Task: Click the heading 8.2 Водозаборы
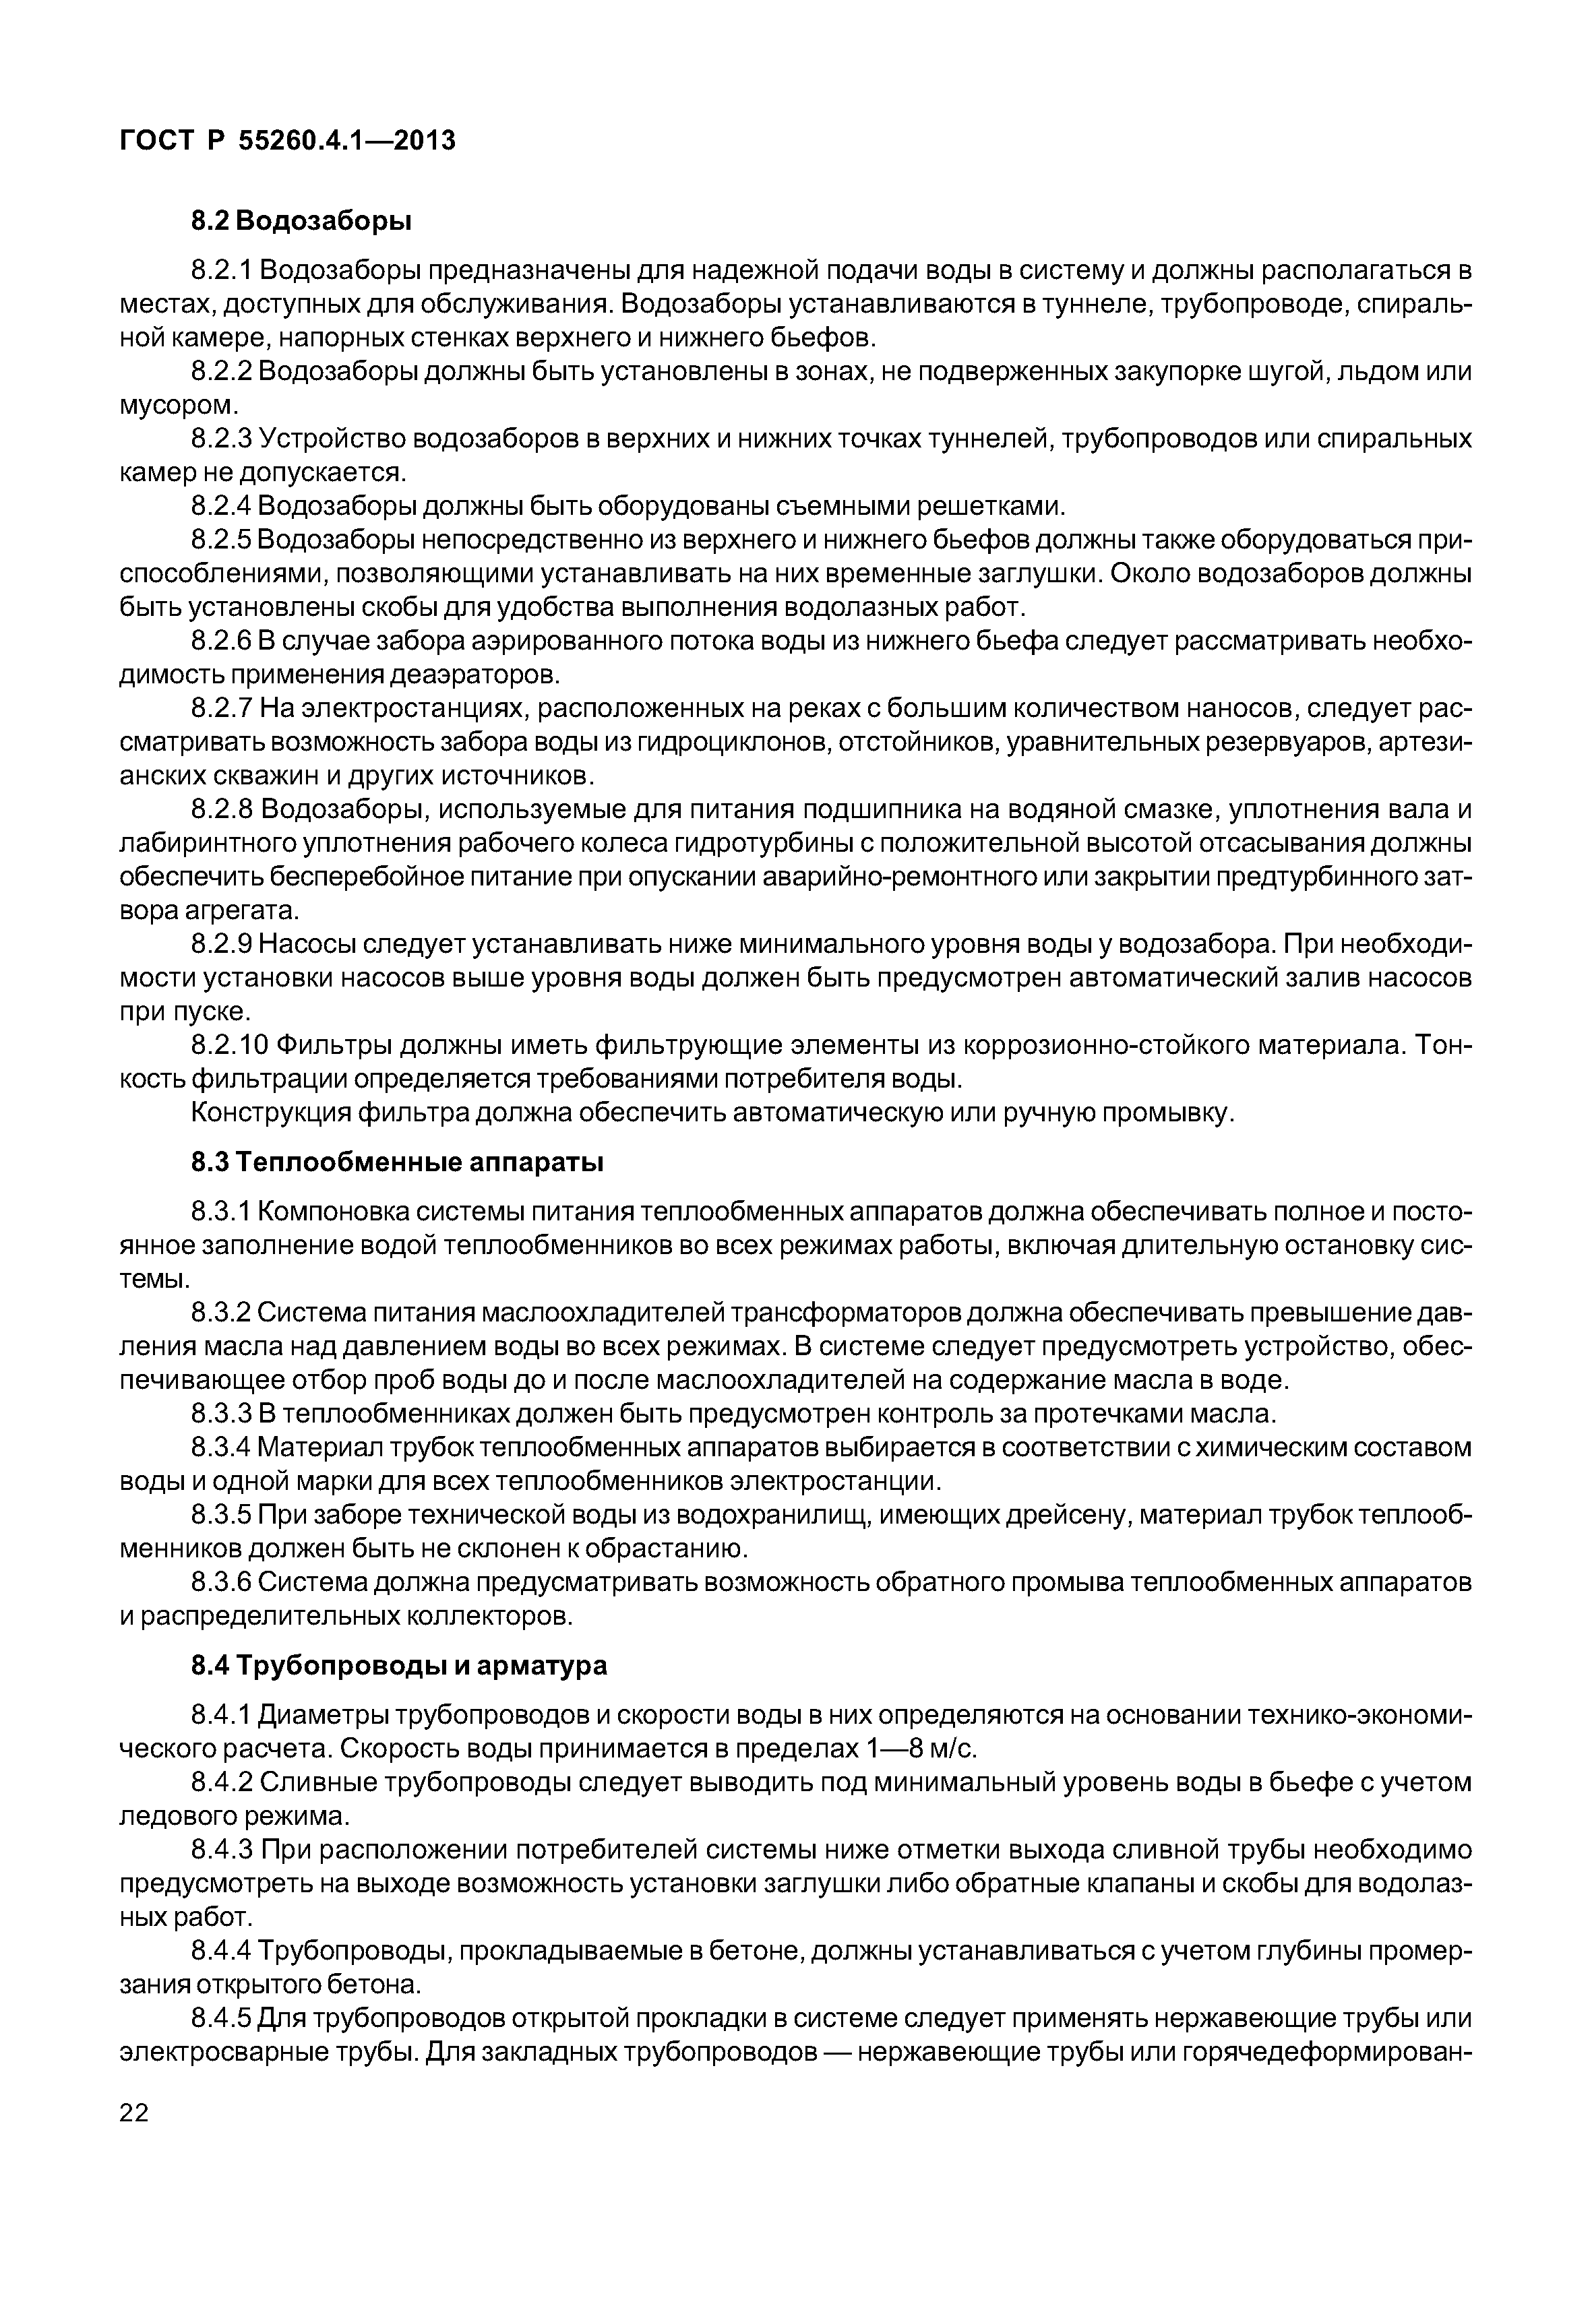[x=301, y=220]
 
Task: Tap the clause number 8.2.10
[x=228, y=1045]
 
